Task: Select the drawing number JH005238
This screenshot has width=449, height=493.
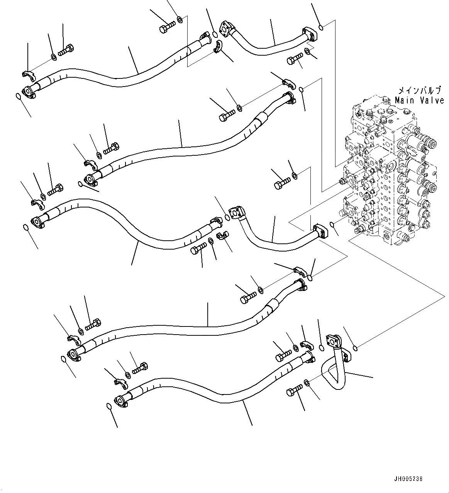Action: coord(409,478)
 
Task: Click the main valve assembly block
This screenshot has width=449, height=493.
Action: coord(390,174)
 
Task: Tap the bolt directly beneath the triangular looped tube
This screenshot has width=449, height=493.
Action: coord(295,391)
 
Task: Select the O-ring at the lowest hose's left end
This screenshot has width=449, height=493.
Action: coord(109,406)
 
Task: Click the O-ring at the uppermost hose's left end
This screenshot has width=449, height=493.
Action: coord(18,96)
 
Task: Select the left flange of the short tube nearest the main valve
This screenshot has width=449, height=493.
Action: coord(236,212)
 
